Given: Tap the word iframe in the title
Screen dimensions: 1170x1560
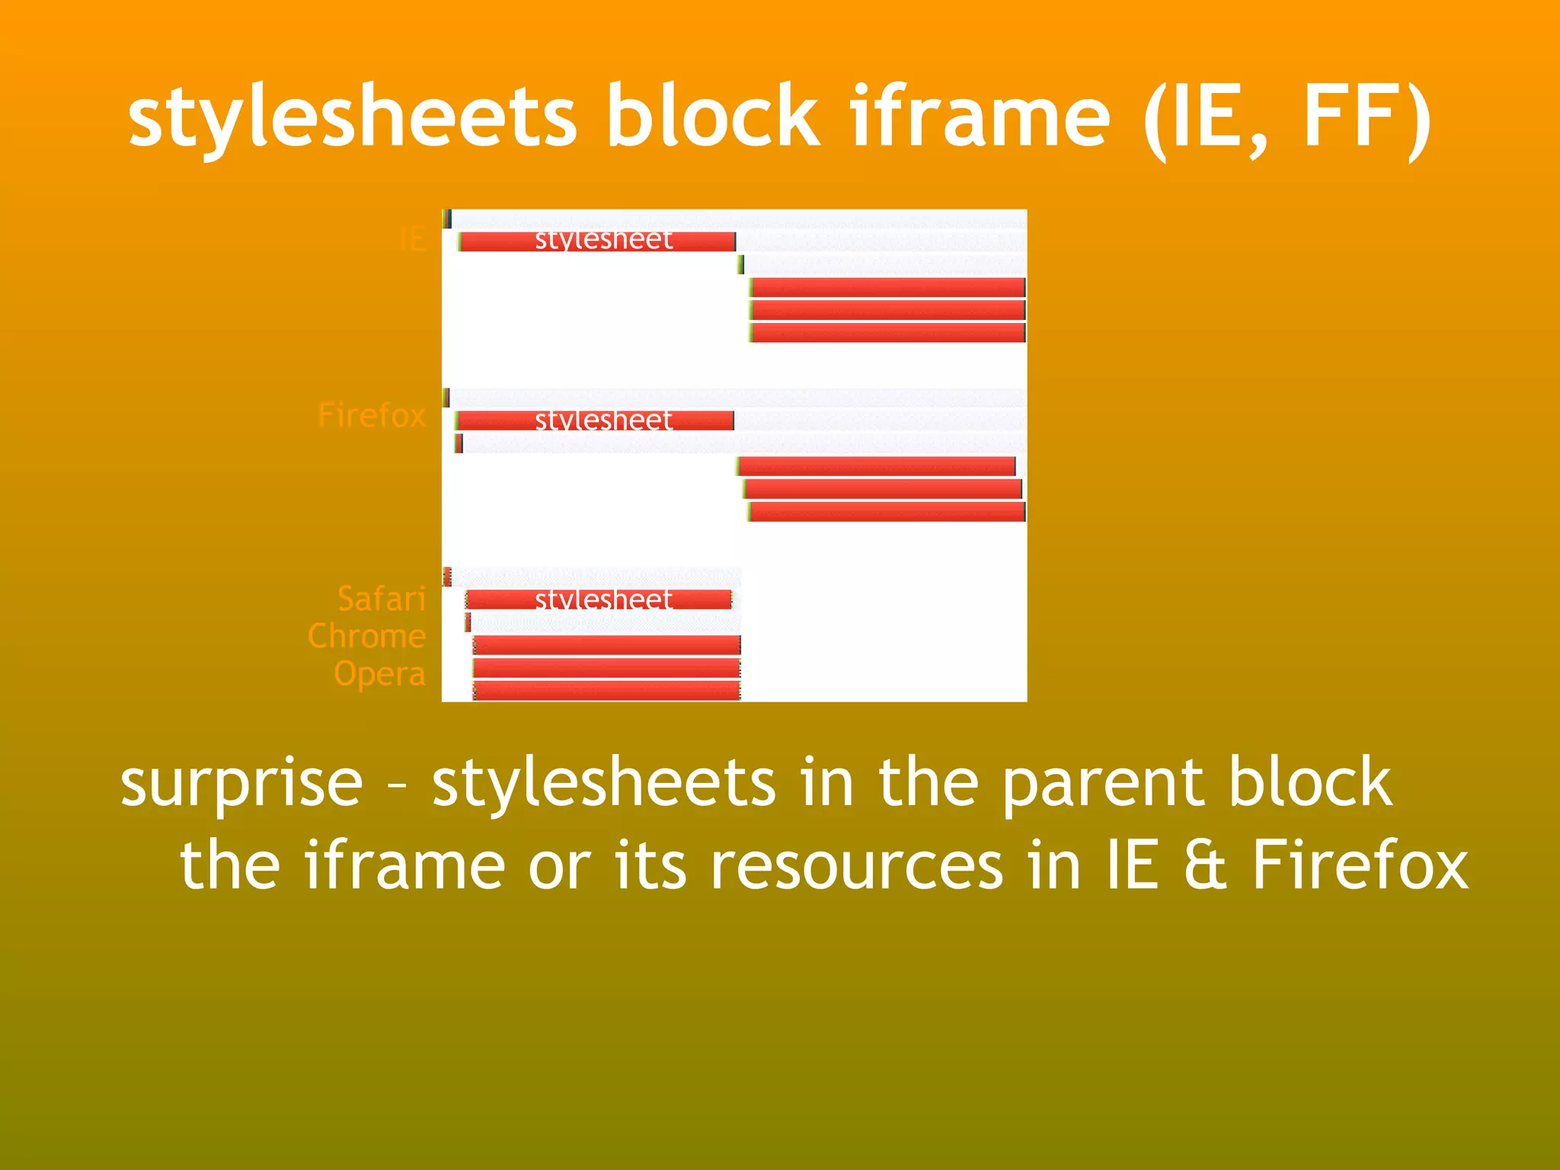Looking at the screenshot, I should tap(980, 118).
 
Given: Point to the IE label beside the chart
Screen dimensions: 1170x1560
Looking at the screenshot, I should tap(412, 240).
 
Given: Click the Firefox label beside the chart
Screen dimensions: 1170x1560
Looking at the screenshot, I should tap(372, 416).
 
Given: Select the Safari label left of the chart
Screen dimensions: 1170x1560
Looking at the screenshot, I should tap(382, 599).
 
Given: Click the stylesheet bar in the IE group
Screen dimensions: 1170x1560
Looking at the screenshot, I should tap(597, 241).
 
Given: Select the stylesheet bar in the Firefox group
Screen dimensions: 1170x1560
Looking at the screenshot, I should tap(595, 420).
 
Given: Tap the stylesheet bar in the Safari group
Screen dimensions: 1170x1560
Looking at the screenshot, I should tap(599, 599).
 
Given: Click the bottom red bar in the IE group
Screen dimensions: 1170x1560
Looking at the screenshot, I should tap(887, 333).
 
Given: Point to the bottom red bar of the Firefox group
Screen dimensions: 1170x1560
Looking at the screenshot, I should tap(887, 512).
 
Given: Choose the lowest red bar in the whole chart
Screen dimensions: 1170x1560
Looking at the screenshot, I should tap(606, 691).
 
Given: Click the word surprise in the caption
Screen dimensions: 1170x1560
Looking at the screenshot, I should tap(241, 785).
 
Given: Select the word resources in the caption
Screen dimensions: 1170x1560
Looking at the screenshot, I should tap(857, 867).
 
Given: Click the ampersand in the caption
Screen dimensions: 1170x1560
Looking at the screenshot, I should tap(1205, 867).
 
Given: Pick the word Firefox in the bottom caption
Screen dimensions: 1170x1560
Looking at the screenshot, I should tap(1360, 867).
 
